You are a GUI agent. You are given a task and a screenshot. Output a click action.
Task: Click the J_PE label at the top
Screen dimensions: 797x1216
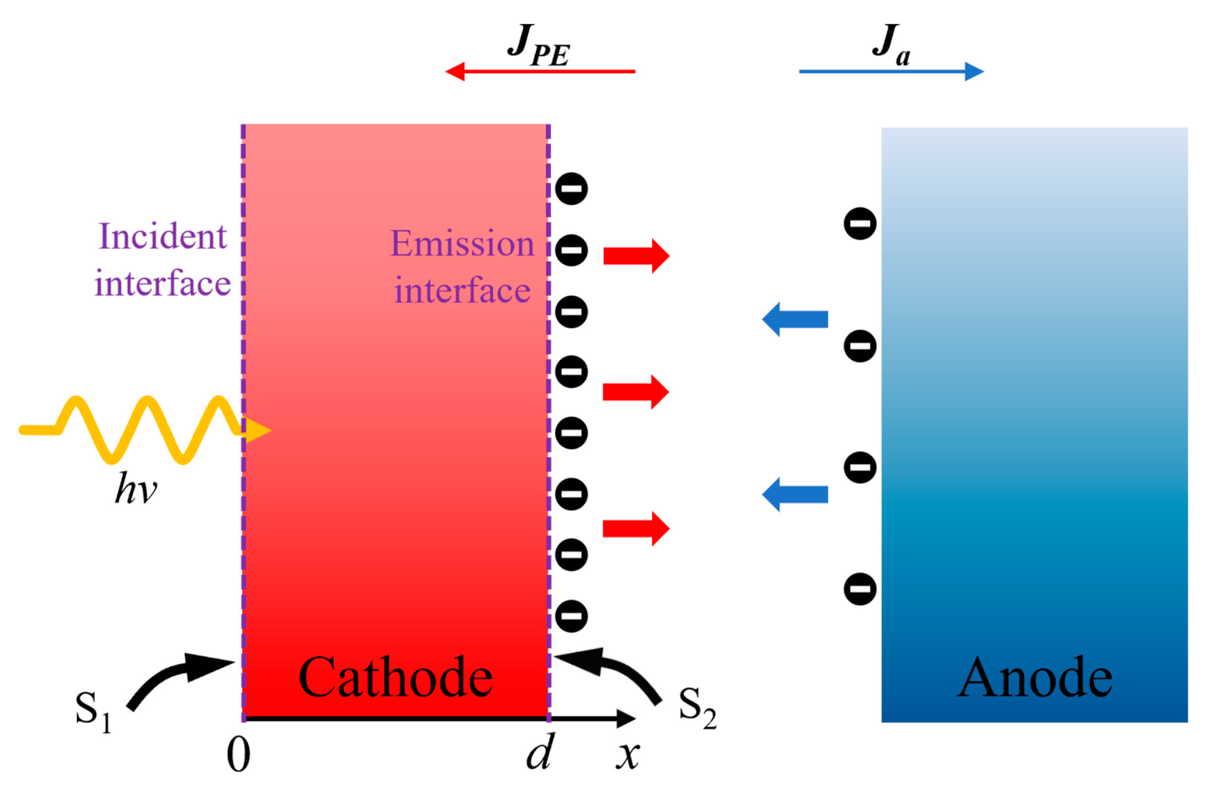538,46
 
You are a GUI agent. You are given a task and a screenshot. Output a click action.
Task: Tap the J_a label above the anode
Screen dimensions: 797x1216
890,46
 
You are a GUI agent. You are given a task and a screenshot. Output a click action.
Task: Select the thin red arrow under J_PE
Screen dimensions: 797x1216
539,72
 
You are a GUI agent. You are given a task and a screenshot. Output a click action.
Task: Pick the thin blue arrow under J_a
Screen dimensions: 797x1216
891,72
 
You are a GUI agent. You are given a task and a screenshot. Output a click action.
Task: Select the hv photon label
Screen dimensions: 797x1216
136,489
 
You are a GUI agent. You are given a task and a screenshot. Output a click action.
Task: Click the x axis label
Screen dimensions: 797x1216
628,755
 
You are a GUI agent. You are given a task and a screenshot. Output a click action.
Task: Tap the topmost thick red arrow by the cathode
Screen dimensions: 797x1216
636,255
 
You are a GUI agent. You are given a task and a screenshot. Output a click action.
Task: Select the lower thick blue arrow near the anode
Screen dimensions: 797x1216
795,494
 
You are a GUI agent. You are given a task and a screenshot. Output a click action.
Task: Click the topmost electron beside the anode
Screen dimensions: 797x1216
860,224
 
